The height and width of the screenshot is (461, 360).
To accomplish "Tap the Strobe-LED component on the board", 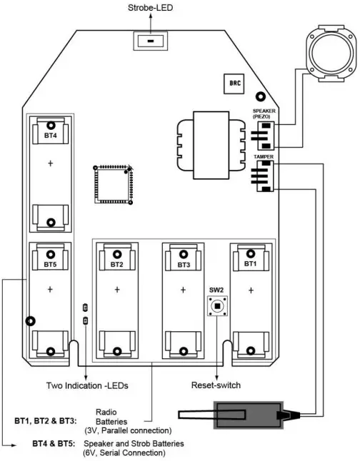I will pos(151,41).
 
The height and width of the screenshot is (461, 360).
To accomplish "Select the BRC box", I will pos(234,83).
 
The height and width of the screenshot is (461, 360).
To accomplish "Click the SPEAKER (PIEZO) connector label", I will pos(264,113).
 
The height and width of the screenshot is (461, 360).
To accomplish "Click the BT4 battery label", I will pos(50,134).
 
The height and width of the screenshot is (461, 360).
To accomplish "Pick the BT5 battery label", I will pos(50,264).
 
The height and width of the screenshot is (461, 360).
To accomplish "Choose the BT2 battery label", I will pos(117,264).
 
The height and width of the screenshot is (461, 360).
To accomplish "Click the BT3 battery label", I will pos(184,264).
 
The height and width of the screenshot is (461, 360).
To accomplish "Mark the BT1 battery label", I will pos(251,263).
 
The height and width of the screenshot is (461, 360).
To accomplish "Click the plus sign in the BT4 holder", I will pos(50,163).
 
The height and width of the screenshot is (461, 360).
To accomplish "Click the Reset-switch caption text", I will pos(216,385).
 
